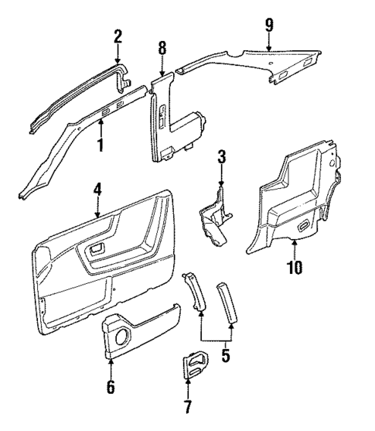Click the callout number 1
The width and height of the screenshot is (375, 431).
99,143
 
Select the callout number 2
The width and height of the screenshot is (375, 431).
118,36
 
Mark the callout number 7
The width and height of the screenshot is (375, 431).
188,406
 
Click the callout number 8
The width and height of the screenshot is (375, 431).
162,47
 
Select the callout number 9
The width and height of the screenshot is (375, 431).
269,24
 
